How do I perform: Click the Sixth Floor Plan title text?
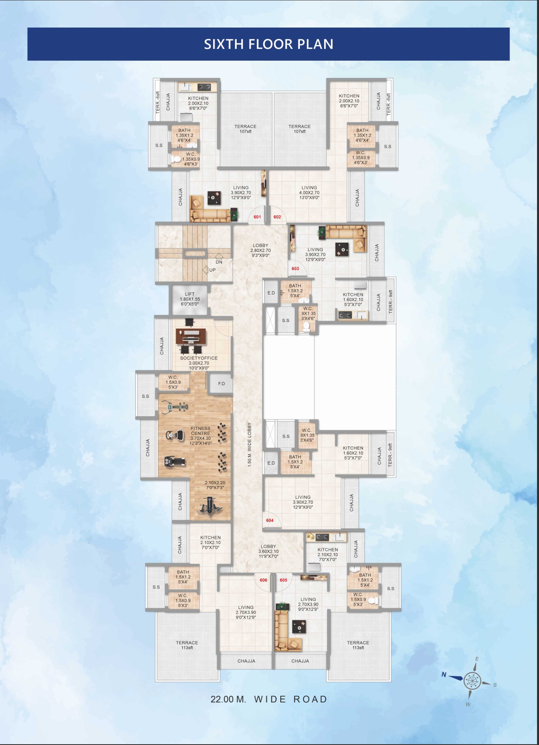point(269,44)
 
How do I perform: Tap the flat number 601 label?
point(257,217)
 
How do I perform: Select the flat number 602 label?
point(277,217)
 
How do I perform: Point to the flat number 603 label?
point(295,269)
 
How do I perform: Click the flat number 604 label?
point(270,520)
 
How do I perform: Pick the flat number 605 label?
point(283,580)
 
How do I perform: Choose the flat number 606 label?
point(263,580)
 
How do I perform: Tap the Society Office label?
point(199,358)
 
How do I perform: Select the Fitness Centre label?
point(201,431)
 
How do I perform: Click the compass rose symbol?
point(472,681)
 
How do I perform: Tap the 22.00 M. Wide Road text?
point(269,699)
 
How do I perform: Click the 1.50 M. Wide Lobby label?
point(249,444)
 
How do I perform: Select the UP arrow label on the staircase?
point(212,270)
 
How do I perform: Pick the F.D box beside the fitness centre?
point(221,383)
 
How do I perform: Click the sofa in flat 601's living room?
point(210,214)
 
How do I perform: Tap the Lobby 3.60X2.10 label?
point(269,551)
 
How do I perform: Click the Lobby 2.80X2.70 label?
point(261,250)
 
